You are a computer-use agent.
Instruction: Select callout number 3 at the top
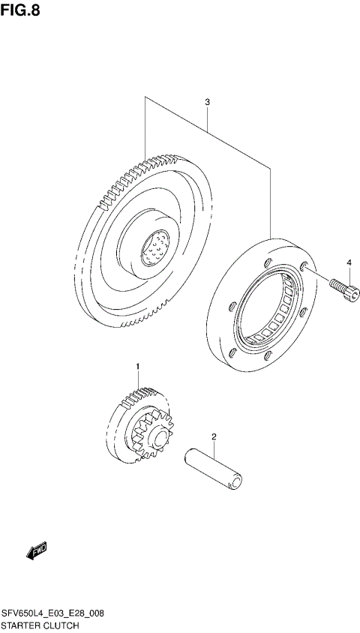[206, 101]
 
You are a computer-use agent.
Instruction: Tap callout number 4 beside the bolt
[348, 262]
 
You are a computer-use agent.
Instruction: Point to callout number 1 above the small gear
[137, 365]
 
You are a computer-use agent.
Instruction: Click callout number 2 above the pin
[214, 436]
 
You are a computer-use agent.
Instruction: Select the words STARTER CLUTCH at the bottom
[40, 624]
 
